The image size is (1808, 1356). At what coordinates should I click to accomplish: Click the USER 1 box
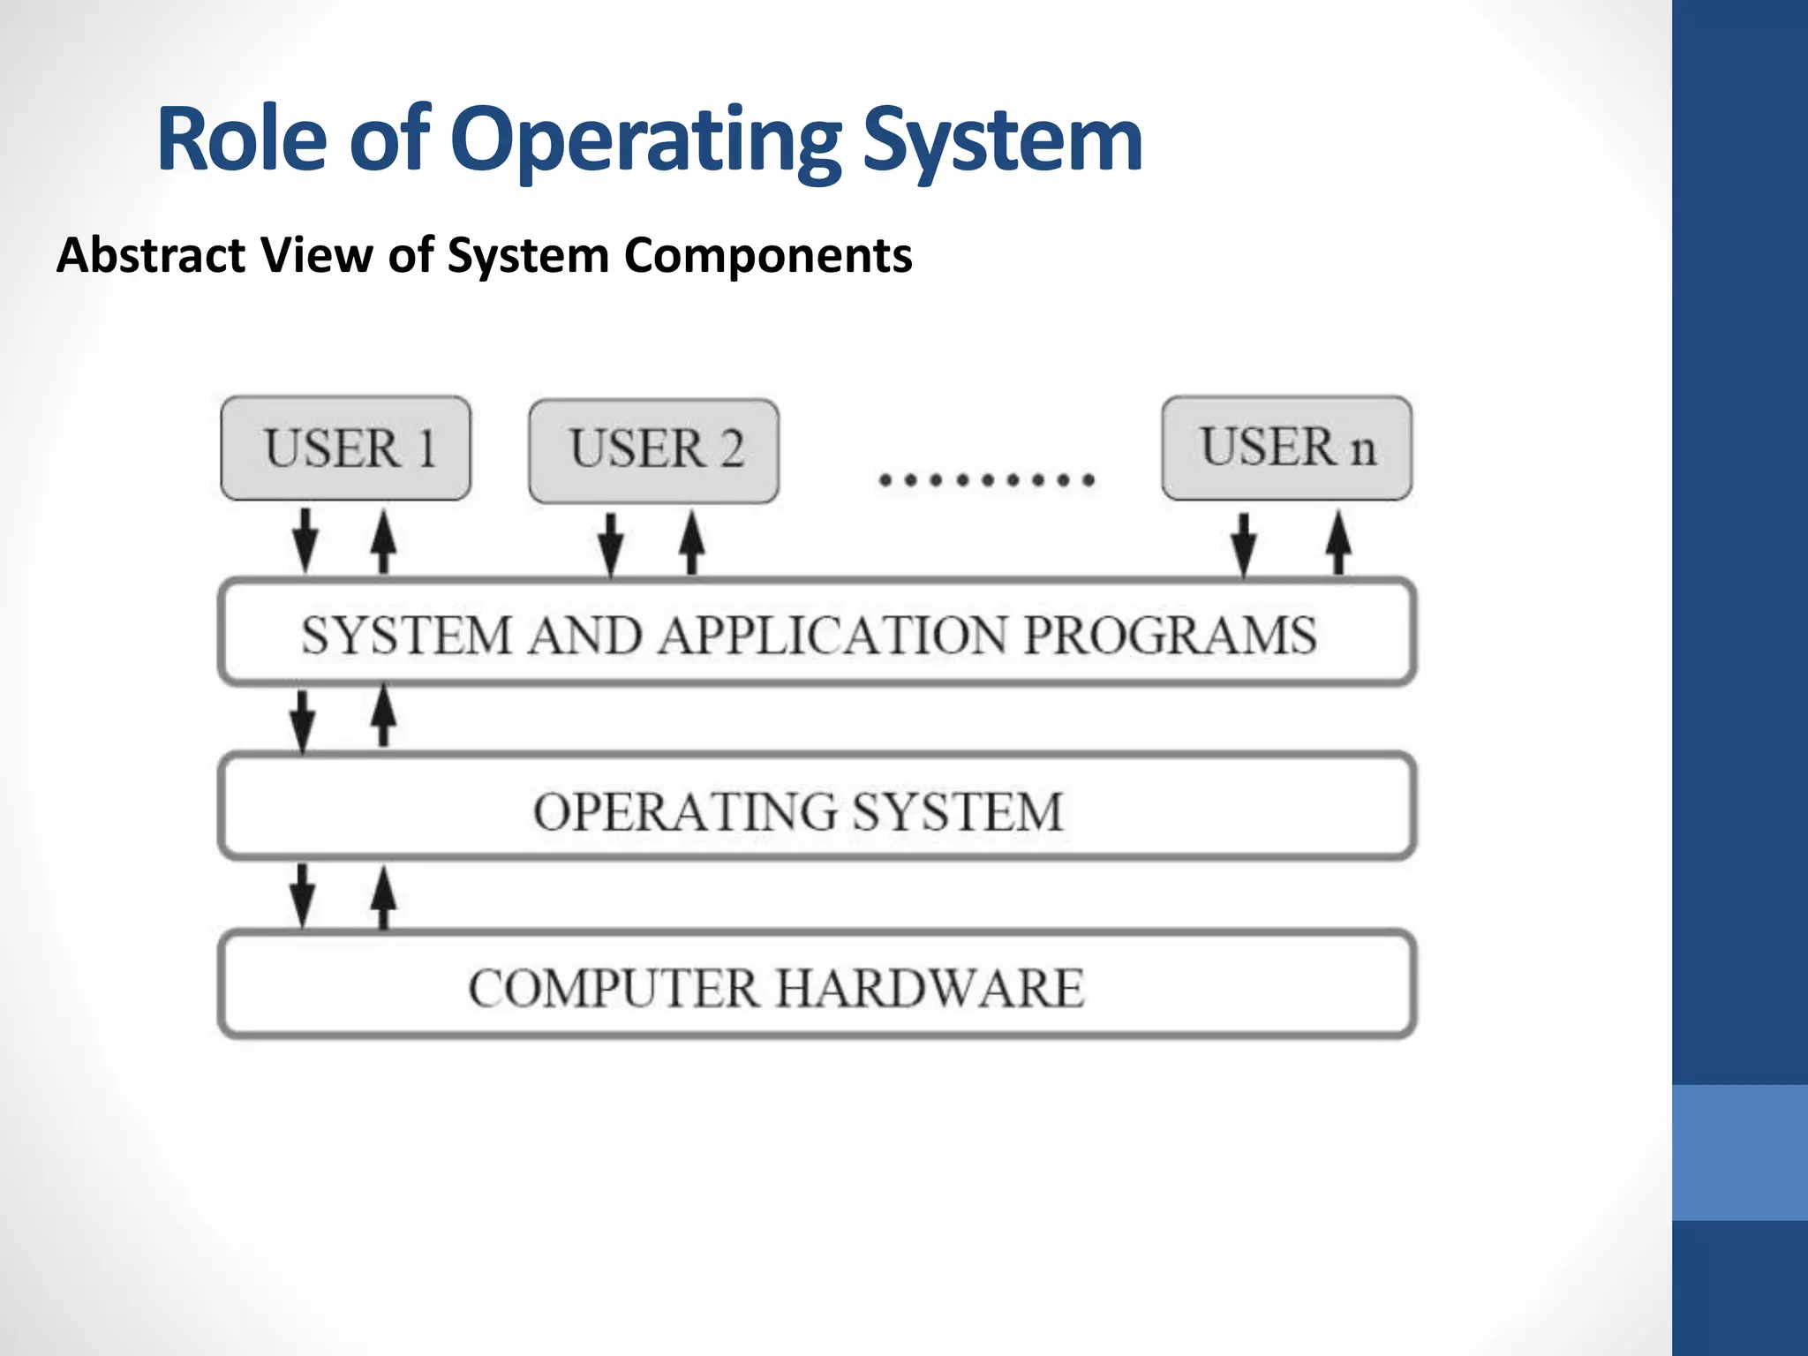click(x=345, y=448)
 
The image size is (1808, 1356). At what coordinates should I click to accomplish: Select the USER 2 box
click(x=653, y=450)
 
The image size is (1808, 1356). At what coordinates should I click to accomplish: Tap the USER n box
click(x=1286, y=448)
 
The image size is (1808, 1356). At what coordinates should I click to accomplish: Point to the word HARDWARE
click(x=930, y=988)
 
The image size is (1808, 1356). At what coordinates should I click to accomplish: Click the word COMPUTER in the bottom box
click(x=614, y=988)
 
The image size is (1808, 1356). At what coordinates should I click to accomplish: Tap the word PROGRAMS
click(x=1170, y=635)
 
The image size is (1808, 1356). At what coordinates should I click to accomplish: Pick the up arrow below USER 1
click(x=383, y=540)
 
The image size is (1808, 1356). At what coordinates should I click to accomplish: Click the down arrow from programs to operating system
click(x=303, y=719)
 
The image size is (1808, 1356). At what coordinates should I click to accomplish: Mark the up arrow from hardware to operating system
click(x=383, y=896)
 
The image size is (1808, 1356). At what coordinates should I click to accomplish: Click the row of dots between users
click(x=987, y=480)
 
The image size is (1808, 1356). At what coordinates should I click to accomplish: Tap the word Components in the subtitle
click(x=768, y=255)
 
